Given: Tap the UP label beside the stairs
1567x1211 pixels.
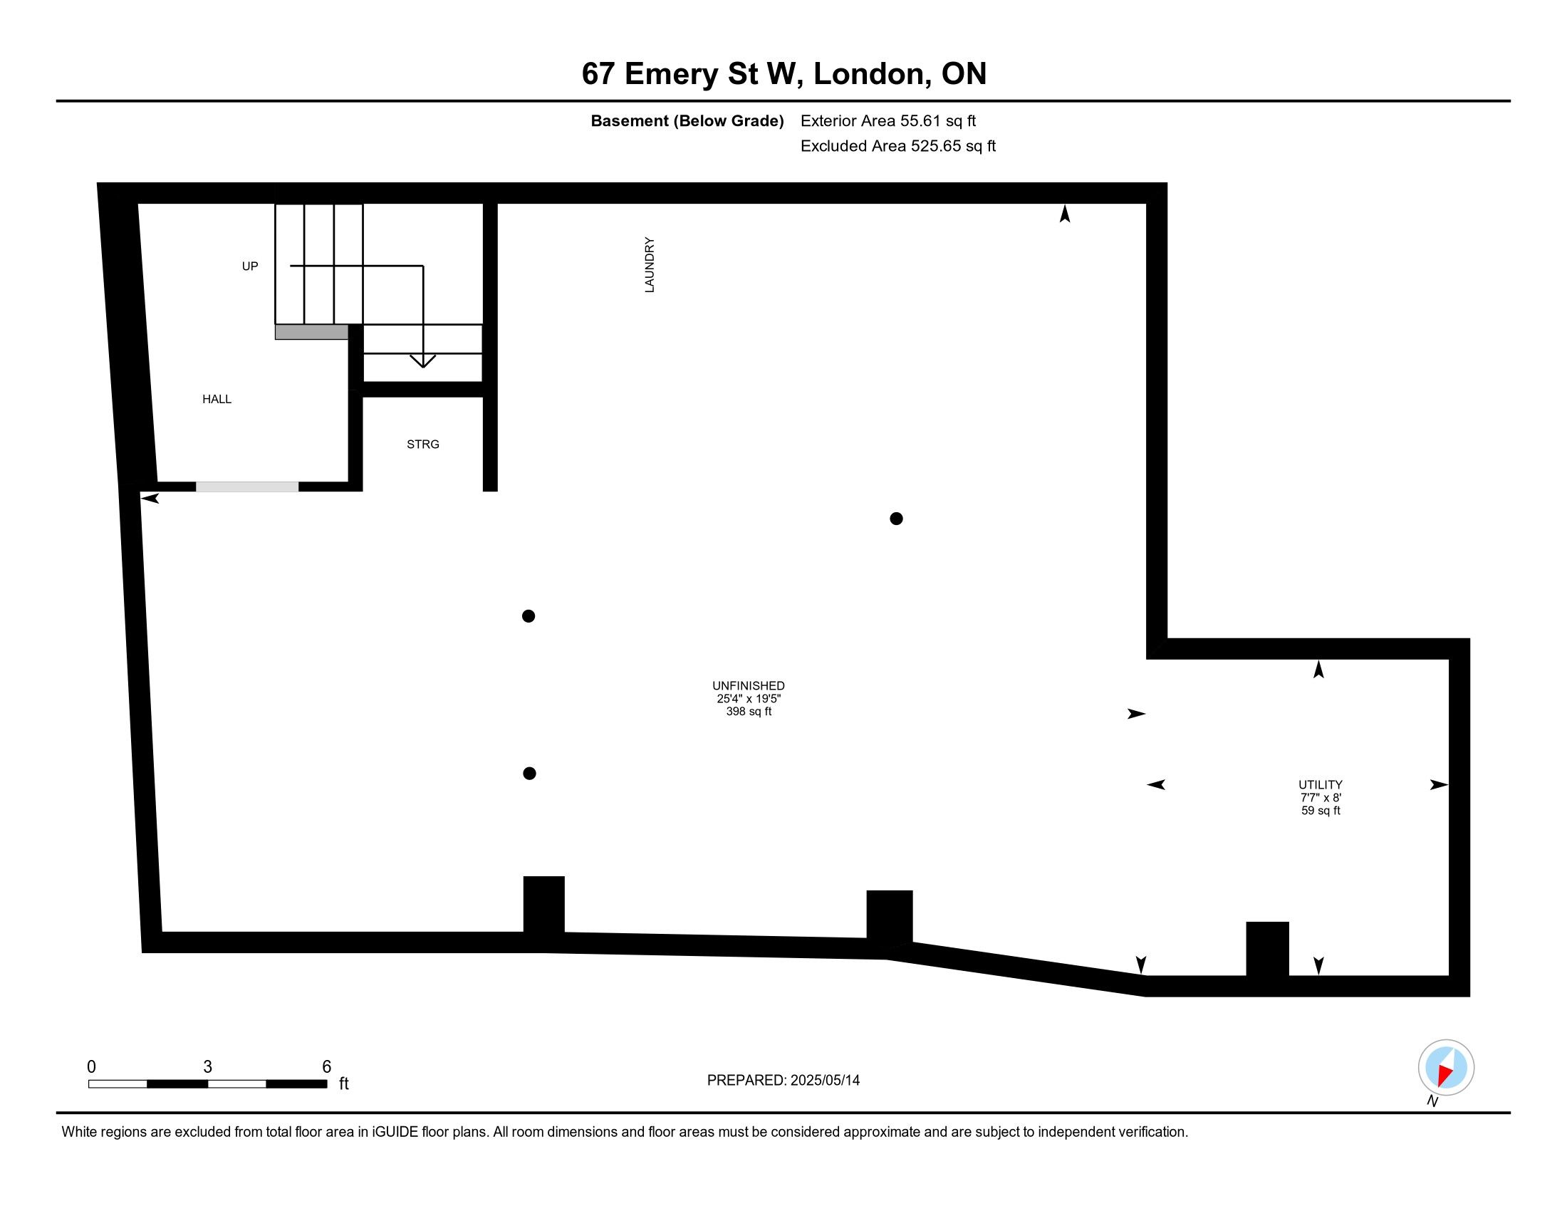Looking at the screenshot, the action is tap(250, 266).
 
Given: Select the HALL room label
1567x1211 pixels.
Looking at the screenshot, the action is tap(217, 399).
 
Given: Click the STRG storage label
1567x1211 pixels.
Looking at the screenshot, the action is tap(422, 444).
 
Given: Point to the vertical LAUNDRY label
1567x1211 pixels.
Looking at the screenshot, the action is tap(650, 265).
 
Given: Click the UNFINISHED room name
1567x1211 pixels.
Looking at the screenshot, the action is tap(749, 686).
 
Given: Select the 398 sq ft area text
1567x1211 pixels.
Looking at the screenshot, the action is tap(749, 712).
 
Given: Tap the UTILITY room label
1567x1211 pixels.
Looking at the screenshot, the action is tap(1320, 785).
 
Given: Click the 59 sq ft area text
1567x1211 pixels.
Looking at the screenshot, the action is tap(1320, 811).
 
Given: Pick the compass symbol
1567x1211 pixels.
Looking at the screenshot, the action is tap(1446, 1068).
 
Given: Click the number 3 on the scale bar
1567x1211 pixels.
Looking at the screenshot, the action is tap(207, 1067).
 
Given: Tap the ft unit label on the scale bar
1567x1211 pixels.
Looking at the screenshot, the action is tap(344, 1083).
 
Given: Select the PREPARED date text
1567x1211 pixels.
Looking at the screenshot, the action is tap(783, 1081).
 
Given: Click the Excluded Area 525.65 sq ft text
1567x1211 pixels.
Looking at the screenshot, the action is tap(897, 146).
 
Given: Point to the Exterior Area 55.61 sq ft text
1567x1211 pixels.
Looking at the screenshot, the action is tap(887, 121).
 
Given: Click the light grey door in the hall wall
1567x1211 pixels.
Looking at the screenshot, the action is tap(248, 487).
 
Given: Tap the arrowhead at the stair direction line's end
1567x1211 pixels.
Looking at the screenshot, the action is tap(422, 361).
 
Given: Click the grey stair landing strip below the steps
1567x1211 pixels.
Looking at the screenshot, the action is tap(311, 332).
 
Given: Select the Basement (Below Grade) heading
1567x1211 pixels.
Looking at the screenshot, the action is tap(687, 121).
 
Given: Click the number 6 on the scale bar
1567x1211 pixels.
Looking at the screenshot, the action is tap(326, 1067).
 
